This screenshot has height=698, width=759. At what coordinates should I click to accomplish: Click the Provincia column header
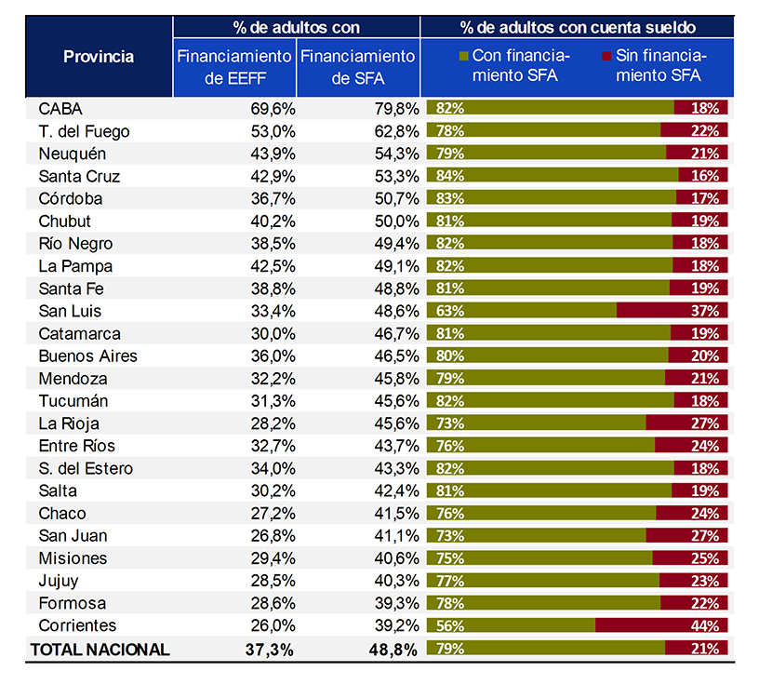[x=99, y=57]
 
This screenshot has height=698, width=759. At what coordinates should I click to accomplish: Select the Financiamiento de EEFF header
[x=234, y=67]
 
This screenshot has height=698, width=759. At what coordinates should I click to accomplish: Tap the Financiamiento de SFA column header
[x=357, y=67]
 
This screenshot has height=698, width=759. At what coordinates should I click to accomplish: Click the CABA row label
[x=60, y=109]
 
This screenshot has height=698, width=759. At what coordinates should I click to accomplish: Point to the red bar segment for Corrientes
[x=661, y=625]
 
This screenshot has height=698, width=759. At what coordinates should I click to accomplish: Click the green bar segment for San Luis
[x=521, y=311]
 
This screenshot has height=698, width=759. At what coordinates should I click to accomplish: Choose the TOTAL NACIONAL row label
[x=100, y=650]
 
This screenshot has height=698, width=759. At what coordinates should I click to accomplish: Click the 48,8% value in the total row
[x=393, y=650]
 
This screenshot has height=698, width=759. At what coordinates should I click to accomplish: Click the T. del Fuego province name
[x=84, y=131]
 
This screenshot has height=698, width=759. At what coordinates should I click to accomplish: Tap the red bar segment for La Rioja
[x=686, y=423]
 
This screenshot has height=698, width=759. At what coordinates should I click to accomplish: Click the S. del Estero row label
[x=86, y=468]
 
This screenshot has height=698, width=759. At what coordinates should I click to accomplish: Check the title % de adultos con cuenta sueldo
[x=577, y=28]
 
